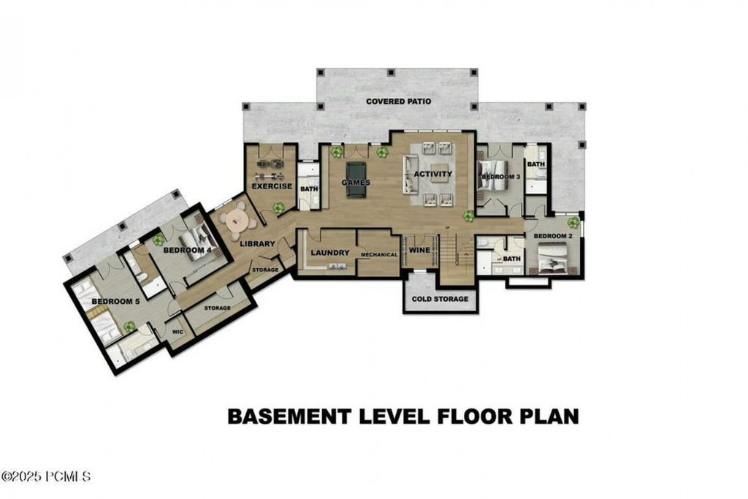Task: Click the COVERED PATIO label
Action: (x=398, y=102)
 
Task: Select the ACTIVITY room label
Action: (x=433, y=174)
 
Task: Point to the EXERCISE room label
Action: (x=272, y=186)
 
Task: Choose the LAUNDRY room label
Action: (x=330, y=253)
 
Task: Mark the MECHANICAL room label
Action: (x=378, y=255)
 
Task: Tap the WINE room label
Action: (x=419, y=250)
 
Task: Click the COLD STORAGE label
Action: (x=440, y=298)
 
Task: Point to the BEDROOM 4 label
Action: (x=186, y=250)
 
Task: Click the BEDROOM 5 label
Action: (x=115, y=302)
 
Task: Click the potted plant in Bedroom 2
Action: (x=573, y=221)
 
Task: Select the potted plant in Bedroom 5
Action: (x=129, y=326)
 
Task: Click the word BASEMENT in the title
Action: (x=289, y=416)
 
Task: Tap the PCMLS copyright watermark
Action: (x=46, y=476)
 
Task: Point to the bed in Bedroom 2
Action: (x=554, y=259)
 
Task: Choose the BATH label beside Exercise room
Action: (x=309, y=188)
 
